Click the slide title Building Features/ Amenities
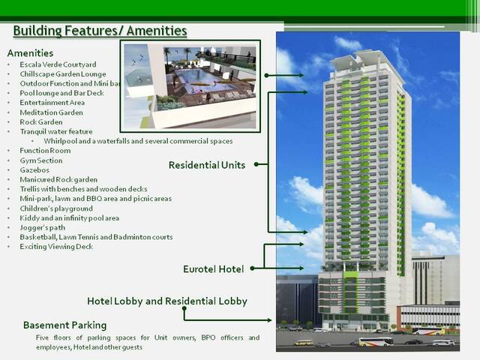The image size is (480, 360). point(100,31)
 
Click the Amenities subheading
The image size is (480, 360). point(30,53)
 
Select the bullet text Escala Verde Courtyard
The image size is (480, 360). point(58,64)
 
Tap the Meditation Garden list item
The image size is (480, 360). point(51,112)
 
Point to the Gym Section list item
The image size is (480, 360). point(41,160)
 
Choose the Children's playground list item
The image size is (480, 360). point(56,208)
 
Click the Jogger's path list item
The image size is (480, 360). point(42,228)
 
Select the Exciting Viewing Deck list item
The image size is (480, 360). point(56,247)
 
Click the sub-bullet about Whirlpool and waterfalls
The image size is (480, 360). point(138,141)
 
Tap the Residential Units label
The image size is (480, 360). point(207,165)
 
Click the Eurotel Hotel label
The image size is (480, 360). point(213,269)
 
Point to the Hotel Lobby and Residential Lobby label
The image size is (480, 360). point(167,301)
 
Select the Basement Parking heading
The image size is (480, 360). point(65,325)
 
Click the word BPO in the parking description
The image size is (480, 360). point(208,337)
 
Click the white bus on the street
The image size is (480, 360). point(376,341)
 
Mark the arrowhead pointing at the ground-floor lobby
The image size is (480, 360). point(269,320)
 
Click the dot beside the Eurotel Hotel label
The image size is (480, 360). point(252,268)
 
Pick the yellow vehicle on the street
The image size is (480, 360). point(303,343)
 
